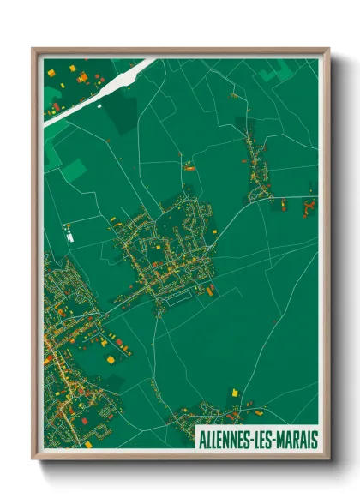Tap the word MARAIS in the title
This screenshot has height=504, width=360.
tap(296, 439)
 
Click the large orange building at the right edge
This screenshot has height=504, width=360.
tap(308, 207)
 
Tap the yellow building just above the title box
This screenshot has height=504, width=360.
tap(233, 393)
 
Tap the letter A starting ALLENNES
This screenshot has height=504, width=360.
tap(201, 439)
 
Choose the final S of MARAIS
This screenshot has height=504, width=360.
tap(314, 439)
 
